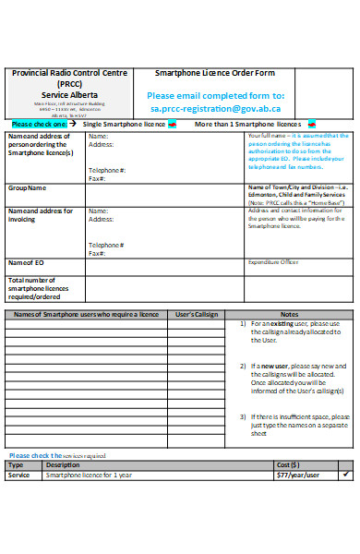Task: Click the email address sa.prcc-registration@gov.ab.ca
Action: [x=216, y=108]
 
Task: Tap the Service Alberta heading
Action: [x=62, y=93]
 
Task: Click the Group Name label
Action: [x=27, y=187]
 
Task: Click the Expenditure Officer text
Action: [x=273, y=262]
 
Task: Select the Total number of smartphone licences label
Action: [x=39, y=287]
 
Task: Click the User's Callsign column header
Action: [x=196, y=315]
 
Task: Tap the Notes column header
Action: [x=289, y=315]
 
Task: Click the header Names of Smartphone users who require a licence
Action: [x=86, y=315]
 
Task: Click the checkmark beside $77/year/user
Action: [x=346, y=474]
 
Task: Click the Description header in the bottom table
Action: [x=63, y=464]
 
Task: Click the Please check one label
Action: [x=40, y=124]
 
